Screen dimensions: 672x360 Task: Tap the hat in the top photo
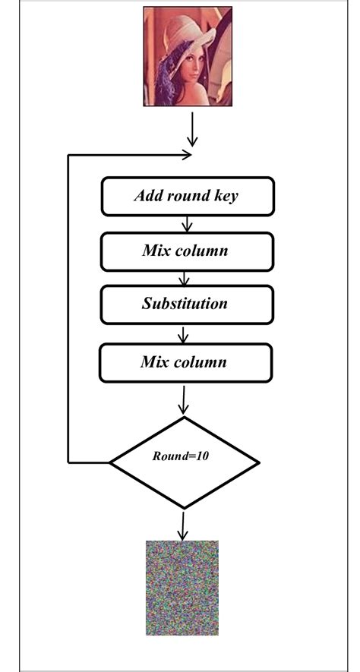pos(191,27)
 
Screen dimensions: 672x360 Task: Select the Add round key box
pos(187,196)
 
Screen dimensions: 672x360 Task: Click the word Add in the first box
pos(148,196)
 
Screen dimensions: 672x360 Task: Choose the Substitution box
pos(185,304)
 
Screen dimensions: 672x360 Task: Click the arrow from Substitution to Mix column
pos(183,334)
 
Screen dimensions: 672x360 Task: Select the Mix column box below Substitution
pos(185,362)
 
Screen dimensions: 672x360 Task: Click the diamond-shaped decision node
pos(185,462)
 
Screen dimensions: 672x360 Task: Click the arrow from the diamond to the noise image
pos(183,524)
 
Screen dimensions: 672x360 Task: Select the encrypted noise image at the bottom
pos(182,588)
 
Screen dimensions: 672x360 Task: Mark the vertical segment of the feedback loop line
pos(69,304)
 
